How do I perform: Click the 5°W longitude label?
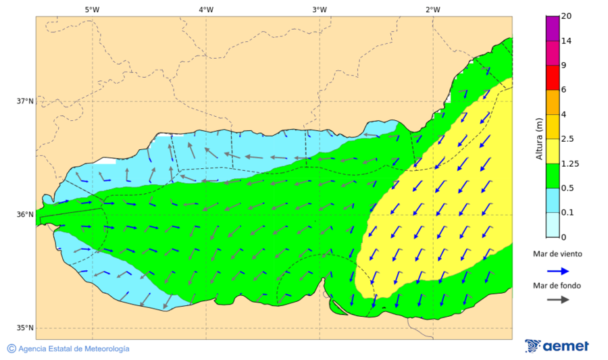93,9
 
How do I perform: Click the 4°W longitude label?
206,9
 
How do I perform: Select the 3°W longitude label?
320,9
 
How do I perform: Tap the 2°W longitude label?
433,9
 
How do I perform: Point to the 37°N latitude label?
25,101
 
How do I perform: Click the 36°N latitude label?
25,215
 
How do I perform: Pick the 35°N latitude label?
25,328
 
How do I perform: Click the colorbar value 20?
567,17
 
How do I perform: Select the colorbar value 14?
567,41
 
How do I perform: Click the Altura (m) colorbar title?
539,139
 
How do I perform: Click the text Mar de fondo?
557,286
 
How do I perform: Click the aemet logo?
557,346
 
